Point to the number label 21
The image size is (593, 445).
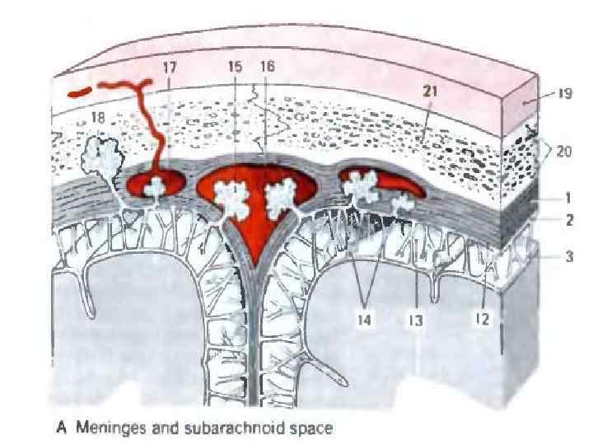(x=431, y=93)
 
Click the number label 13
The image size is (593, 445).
(x=417, y=321)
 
